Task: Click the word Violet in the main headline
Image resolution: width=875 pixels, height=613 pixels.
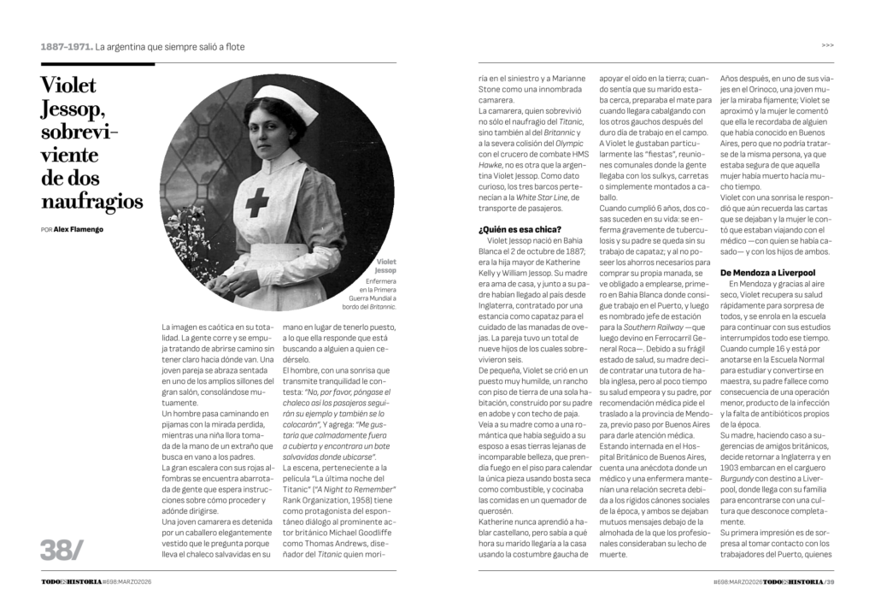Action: (x=69, y=86)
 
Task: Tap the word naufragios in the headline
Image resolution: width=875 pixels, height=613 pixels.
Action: (x=92, y=202)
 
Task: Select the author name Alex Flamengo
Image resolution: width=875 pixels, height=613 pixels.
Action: (x=79, y=230)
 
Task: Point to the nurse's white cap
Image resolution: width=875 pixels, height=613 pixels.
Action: (x=281, y=96)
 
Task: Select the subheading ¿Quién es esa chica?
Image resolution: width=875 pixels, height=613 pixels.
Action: (x=520, y=228)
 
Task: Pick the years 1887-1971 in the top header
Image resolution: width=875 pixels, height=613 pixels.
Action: (x=65, y=46)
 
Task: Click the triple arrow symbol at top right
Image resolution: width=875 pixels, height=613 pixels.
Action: (x=827, y=45)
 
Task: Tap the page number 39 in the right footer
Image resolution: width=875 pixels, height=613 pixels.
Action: (x=829, y=581)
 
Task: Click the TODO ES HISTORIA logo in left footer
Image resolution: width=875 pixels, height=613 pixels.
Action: (x=71, y=581)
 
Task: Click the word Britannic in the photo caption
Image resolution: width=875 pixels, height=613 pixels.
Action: (x=379, y=306)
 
